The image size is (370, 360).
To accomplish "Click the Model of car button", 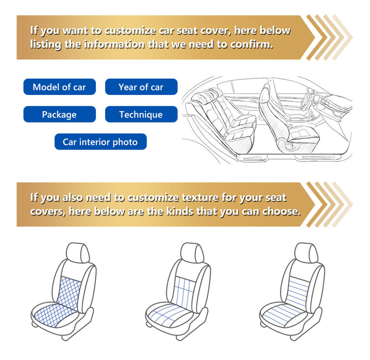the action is coord(60,87).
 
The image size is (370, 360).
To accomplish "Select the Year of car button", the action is coord(141,87).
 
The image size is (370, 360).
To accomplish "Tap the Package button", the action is coord(60,114).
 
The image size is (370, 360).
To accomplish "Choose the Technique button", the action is coord(141,114).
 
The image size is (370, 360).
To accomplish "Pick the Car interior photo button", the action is coord(101,141).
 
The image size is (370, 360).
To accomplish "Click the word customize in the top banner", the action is coord(130,31).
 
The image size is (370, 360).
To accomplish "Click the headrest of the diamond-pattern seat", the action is coord(78,252).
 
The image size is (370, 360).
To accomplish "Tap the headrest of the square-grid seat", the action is coord(192,252).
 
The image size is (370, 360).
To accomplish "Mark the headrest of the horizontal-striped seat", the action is coord(306,252).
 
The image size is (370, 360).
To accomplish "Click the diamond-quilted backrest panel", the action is coord(69,293).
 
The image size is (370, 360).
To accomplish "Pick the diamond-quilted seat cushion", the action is coord(55,315).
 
